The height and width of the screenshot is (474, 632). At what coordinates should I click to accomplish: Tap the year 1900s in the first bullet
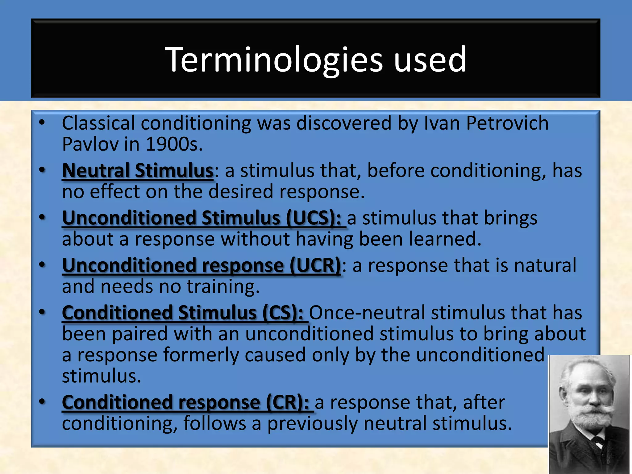(x=174, y=144)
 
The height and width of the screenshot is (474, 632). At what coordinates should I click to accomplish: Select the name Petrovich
(x=507, y=123)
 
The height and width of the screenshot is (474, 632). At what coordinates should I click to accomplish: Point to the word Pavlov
(x=90, y=144)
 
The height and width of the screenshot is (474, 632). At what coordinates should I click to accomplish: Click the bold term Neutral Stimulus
(x=138, y=171)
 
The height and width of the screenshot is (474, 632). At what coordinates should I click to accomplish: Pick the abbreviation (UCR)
(x=315, y=266)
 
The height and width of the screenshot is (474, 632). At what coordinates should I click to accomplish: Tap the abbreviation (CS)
(x=283, y=313)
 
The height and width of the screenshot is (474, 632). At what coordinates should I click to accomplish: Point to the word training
(x=223, y=287)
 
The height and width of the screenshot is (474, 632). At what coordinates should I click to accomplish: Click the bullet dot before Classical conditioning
(x=42, y=123)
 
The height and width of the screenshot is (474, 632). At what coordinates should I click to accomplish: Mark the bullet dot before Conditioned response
(x=42, y=401)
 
